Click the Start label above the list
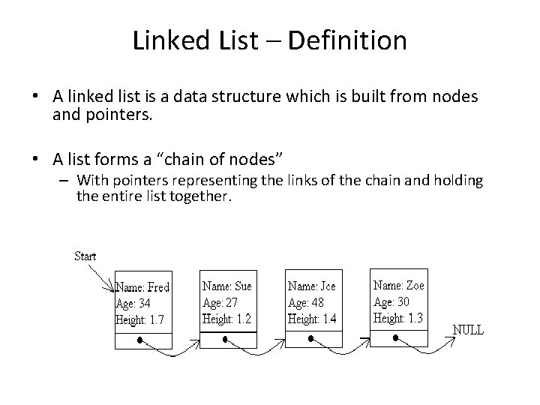point(85,256)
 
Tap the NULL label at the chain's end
point(468,330)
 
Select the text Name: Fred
point(142,287)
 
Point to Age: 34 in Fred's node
point(133,304)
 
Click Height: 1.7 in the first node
point(140,320)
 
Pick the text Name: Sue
point(227,286)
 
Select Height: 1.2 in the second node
point(226,318)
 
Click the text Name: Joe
point(312,286)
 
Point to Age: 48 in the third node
point(307,302)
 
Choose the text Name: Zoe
point(399,285)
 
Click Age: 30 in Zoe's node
point(391,301)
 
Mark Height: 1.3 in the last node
point(398,318)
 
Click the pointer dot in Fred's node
point(140,340)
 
